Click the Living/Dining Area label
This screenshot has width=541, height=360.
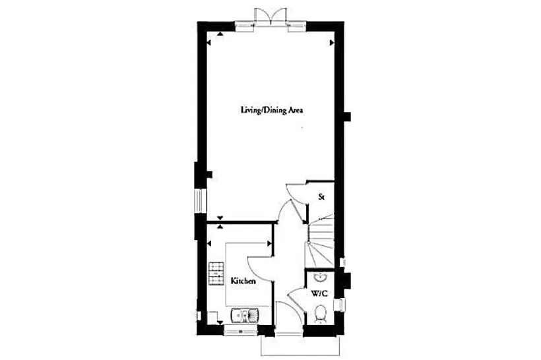tap(272, 110)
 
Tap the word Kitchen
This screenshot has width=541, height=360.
tap(243, 281)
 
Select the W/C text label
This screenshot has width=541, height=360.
tap(319, 294)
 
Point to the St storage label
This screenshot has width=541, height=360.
tap(321, 197)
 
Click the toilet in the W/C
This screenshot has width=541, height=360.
tap(321, 314)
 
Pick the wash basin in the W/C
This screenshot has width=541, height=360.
tap(321, 277)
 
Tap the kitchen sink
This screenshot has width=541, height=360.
tap(245, 315)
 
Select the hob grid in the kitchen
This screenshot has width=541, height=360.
tap(216, 274)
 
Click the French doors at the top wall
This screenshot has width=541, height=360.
tap(270, 16)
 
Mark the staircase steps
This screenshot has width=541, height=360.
tap(321, 241)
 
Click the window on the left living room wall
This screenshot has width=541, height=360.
tap(200, 200)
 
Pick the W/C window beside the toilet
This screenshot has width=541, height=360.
tap(340, 305)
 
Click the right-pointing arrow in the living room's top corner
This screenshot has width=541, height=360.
tap(332, 43)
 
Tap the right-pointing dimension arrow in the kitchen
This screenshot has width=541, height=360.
tap(269, 243)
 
